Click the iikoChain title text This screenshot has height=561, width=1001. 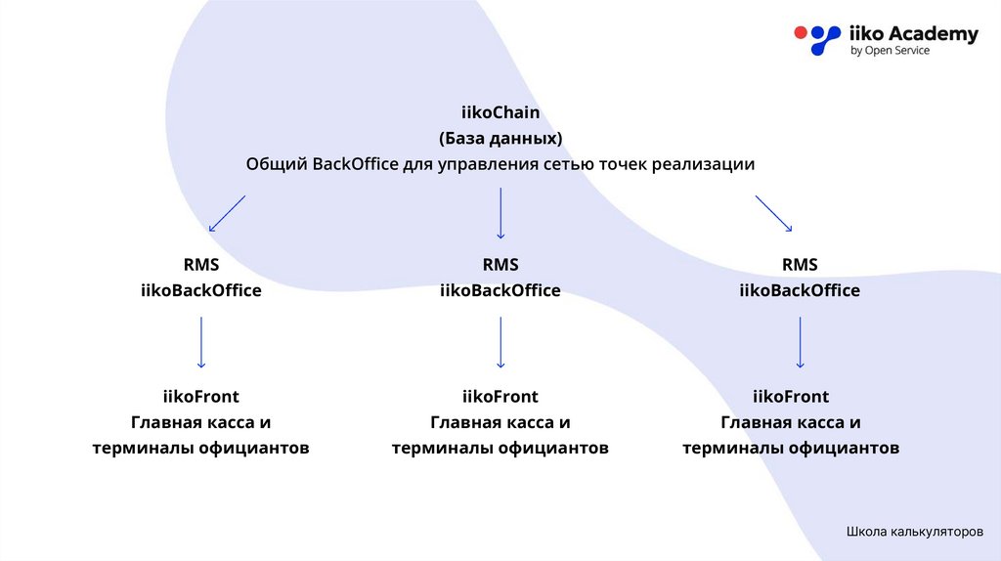[500, 113]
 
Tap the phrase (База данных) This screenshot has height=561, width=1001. [500, 138]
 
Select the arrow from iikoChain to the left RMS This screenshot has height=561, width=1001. [227, 213]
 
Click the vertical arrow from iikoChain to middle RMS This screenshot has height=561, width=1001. [500, 213]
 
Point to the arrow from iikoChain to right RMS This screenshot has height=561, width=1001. [773, 213]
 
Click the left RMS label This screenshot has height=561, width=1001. [200, 265]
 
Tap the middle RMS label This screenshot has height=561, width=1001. [500, 265]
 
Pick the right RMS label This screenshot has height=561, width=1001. [800, 265]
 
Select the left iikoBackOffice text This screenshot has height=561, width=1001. [200, 290]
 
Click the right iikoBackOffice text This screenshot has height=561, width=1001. [800, 290]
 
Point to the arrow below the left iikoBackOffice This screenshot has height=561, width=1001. [200, 341]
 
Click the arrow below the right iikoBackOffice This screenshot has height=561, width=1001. [800, 341]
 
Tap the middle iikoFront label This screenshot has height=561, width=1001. [500, 397]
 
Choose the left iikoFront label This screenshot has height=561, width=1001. [200, 397]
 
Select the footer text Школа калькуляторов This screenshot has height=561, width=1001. [914, 533]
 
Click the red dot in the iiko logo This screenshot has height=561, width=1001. [801, 32]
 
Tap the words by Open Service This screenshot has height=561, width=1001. [890, 51]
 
